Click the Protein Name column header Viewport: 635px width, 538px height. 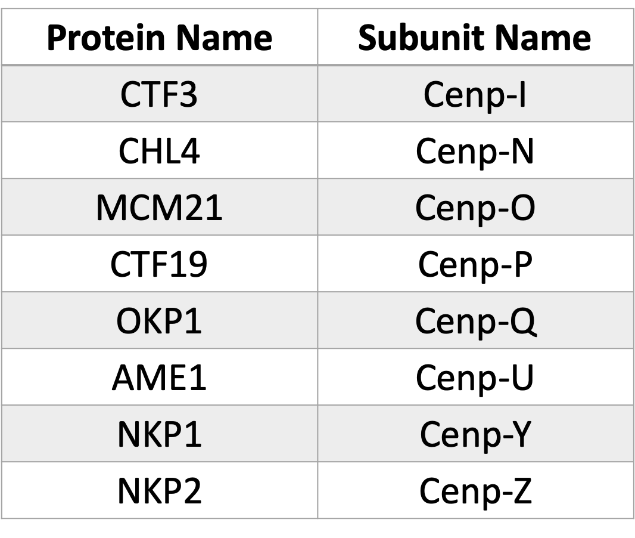click(160, 38)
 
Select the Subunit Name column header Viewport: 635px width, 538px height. click(475, 38)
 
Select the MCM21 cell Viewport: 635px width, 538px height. click(159, 208)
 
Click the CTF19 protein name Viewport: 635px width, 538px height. click(158, 264)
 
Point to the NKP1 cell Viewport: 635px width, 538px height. click(160, 434)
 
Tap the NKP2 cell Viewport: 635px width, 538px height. click(160, 491)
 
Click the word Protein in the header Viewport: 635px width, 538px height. click(105, 38)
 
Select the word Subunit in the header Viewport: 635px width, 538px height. click(421, 38)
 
